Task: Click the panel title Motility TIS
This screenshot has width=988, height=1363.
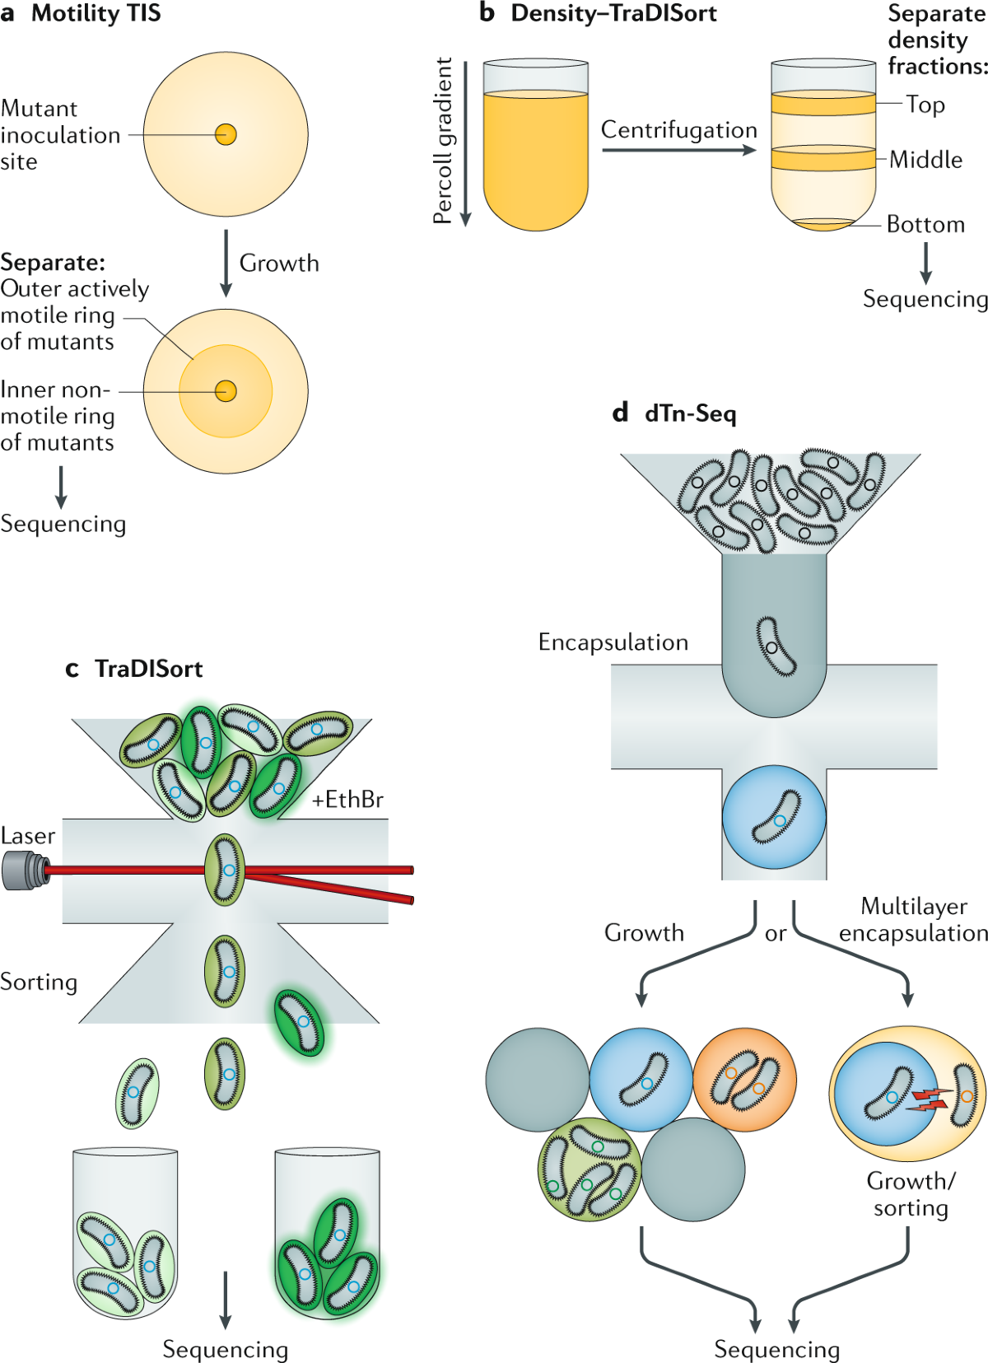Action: click(96, 14)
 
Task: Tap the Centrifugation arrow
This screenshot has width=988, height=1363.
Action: click(678, 150)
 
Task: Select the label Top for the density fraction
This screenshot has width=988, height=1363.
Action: click(925, 105)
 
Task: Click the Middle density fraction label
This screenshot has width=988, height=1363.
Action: click(925, 159)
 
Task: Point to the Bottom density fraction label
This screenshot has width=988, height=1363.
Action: click(925, 224)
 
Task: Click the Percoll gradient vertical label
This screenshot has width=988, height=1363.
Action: click(443, 140)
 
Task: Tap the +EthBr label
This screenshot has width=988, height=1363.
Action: click(347, 800)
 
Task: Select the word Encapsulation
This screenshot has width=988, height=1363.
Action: click(613, 642)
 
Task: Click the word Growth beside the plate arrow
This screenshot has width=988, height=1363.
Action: click(279, 264)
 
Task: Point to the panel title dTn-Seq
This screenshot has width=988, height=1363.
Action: click(690, 413)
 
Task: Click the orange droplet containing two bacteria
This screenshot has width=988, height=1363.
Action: click(744, 1079)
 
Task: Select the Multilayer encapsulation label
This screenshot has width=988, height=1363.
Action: click(913, 920)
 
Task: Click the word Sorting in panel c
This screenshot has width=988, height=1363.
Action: click(39, 982)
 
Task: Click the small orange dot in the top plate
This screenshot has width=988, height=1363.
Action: click(226, 134)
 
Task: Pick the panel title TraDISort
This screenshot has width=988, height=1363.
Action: click(148, 669)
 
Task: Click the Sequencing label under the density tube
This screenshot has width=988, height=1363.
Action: click(925, 299)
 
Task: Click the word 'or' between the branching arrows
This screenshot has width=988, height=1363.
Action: click(776, 934)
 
